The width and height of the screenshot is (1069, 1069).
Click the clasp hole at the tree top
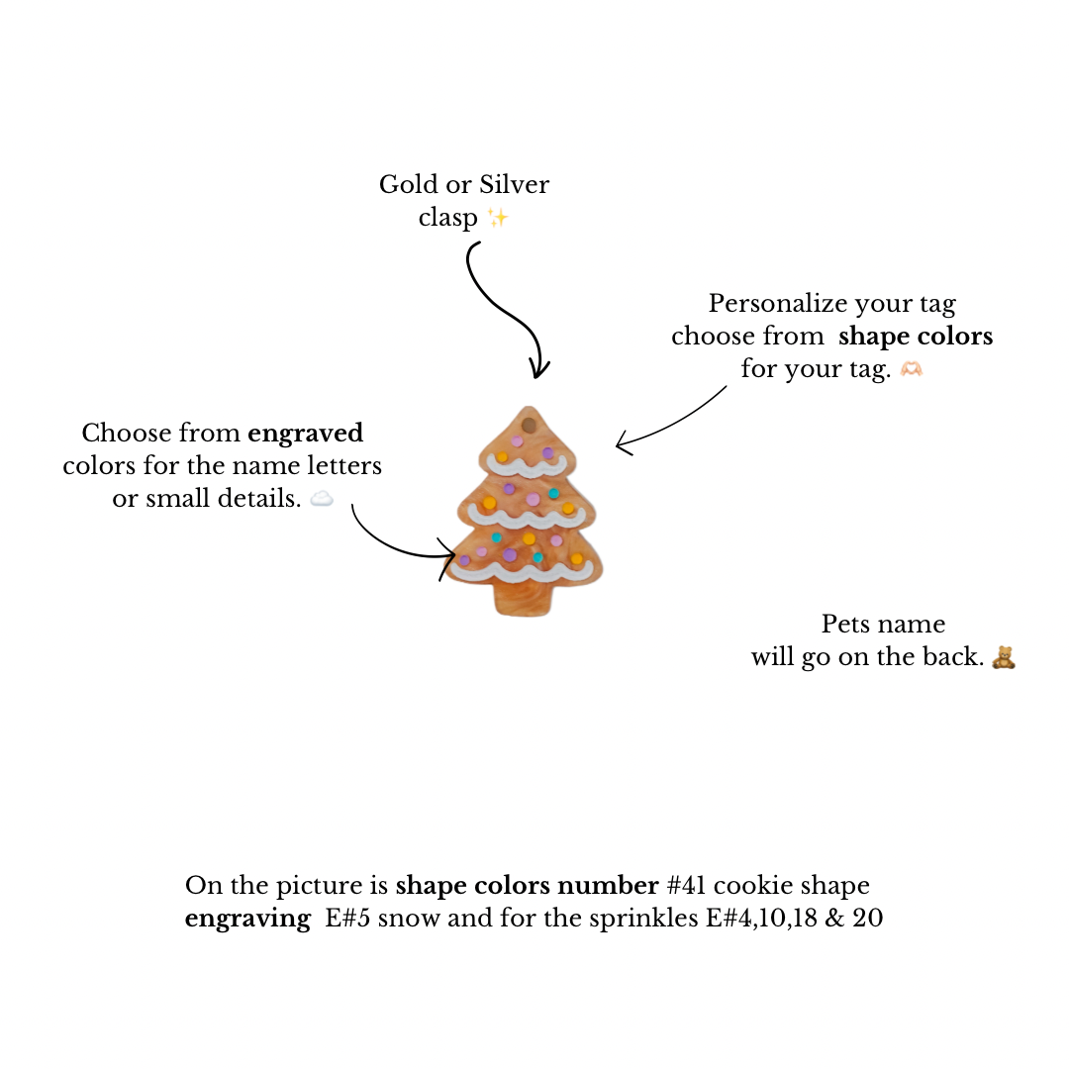pos(528,425)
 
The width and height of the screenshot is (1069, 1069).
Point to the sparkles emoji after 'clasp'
pos(498,218)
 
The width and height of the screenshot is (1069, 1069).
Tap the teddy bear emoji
pos(1004,657)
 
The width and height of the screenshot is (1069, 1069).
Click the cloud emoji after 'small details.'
pos(322,499)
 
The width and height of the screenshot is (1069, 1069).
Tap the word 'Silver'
pos(514,185)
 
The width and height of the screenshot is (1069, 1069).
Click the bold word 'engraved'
pos(305,433)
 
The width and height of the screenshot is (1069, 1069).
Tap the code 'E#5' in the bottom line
pos(347,918)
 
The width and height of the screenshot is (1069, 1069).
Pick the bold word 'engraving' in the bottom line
pos(247,920)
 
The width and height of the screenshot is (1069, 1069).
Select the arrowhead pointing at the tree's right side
pos(621,444)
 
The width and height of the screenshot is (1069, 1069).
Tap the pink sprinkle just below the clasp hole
pos(517,441)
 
